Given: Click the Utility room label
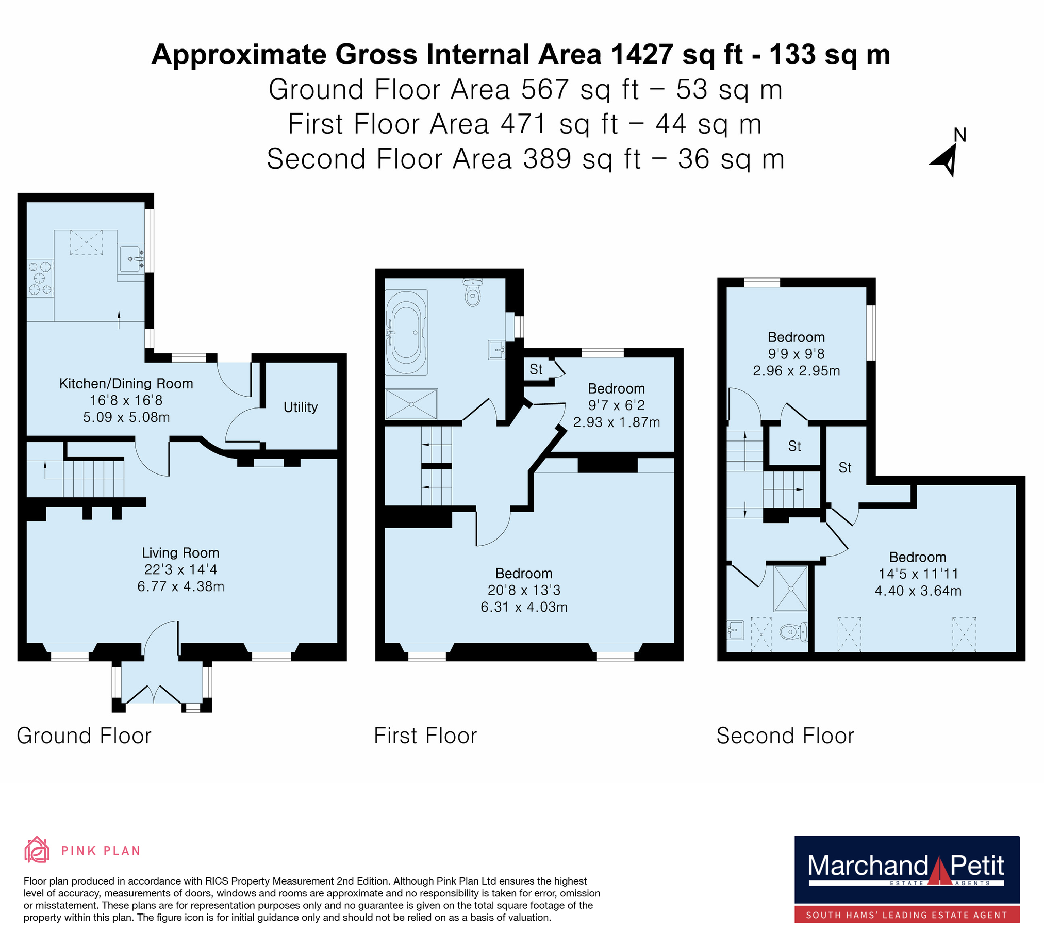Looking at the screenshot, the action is point(301,407).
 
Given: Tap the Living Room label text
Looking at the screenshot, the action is point(181,553).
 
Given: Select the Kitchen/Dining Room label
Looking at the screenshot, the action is point(126,383).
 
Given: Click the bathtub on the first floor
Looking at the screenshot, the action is point(406,332).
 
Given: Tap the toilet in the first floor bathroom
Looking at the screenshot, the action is point(472,292).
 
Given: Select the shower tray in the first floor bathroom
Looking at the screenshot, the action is point(412,404).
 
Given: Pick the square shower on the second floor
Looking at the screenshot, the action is point(791,589).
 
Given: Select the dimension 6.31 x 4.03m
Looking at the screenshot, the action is point(524,607).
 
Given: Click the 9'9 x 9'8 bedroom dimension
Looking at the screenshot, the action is point(797,354).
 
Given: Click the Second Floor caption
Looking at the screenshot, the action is point(785,736).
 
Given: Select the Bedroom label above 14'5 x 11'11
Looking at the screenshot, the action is point(918,557).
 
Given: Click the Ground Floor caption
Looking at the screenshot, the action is point(84,736).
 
